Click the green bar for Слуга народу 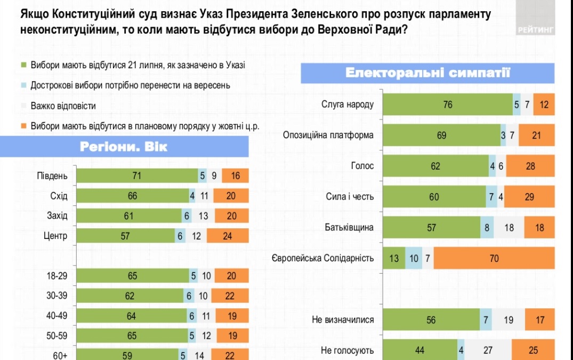tap(448, 105)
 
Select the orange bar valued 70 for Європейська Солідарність tap(494, 259)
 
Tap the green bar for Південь tap(136, 176)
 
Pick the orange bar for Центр tap(228, 236)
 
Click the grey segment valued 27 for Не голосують tap(488, 350)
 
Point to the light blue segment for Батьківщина tap(487, 228)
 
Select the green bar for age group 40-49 tap(131, 316)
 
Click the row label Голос tap(362, 166)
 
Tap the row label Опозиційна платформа tap(328, 135)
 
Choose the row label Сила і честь tap(350, 197)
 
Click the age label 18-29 tap(57, 276)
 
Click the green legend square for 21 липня tap(23, 66)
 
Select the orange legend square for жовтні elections tap(23, 126)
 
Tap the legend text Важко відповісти tap(63, 106)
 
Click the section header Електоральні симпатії tap(427, 73)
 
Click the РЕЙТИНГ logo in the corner tap(536, 29)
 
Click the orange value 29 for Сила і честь tap(529, 197)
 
